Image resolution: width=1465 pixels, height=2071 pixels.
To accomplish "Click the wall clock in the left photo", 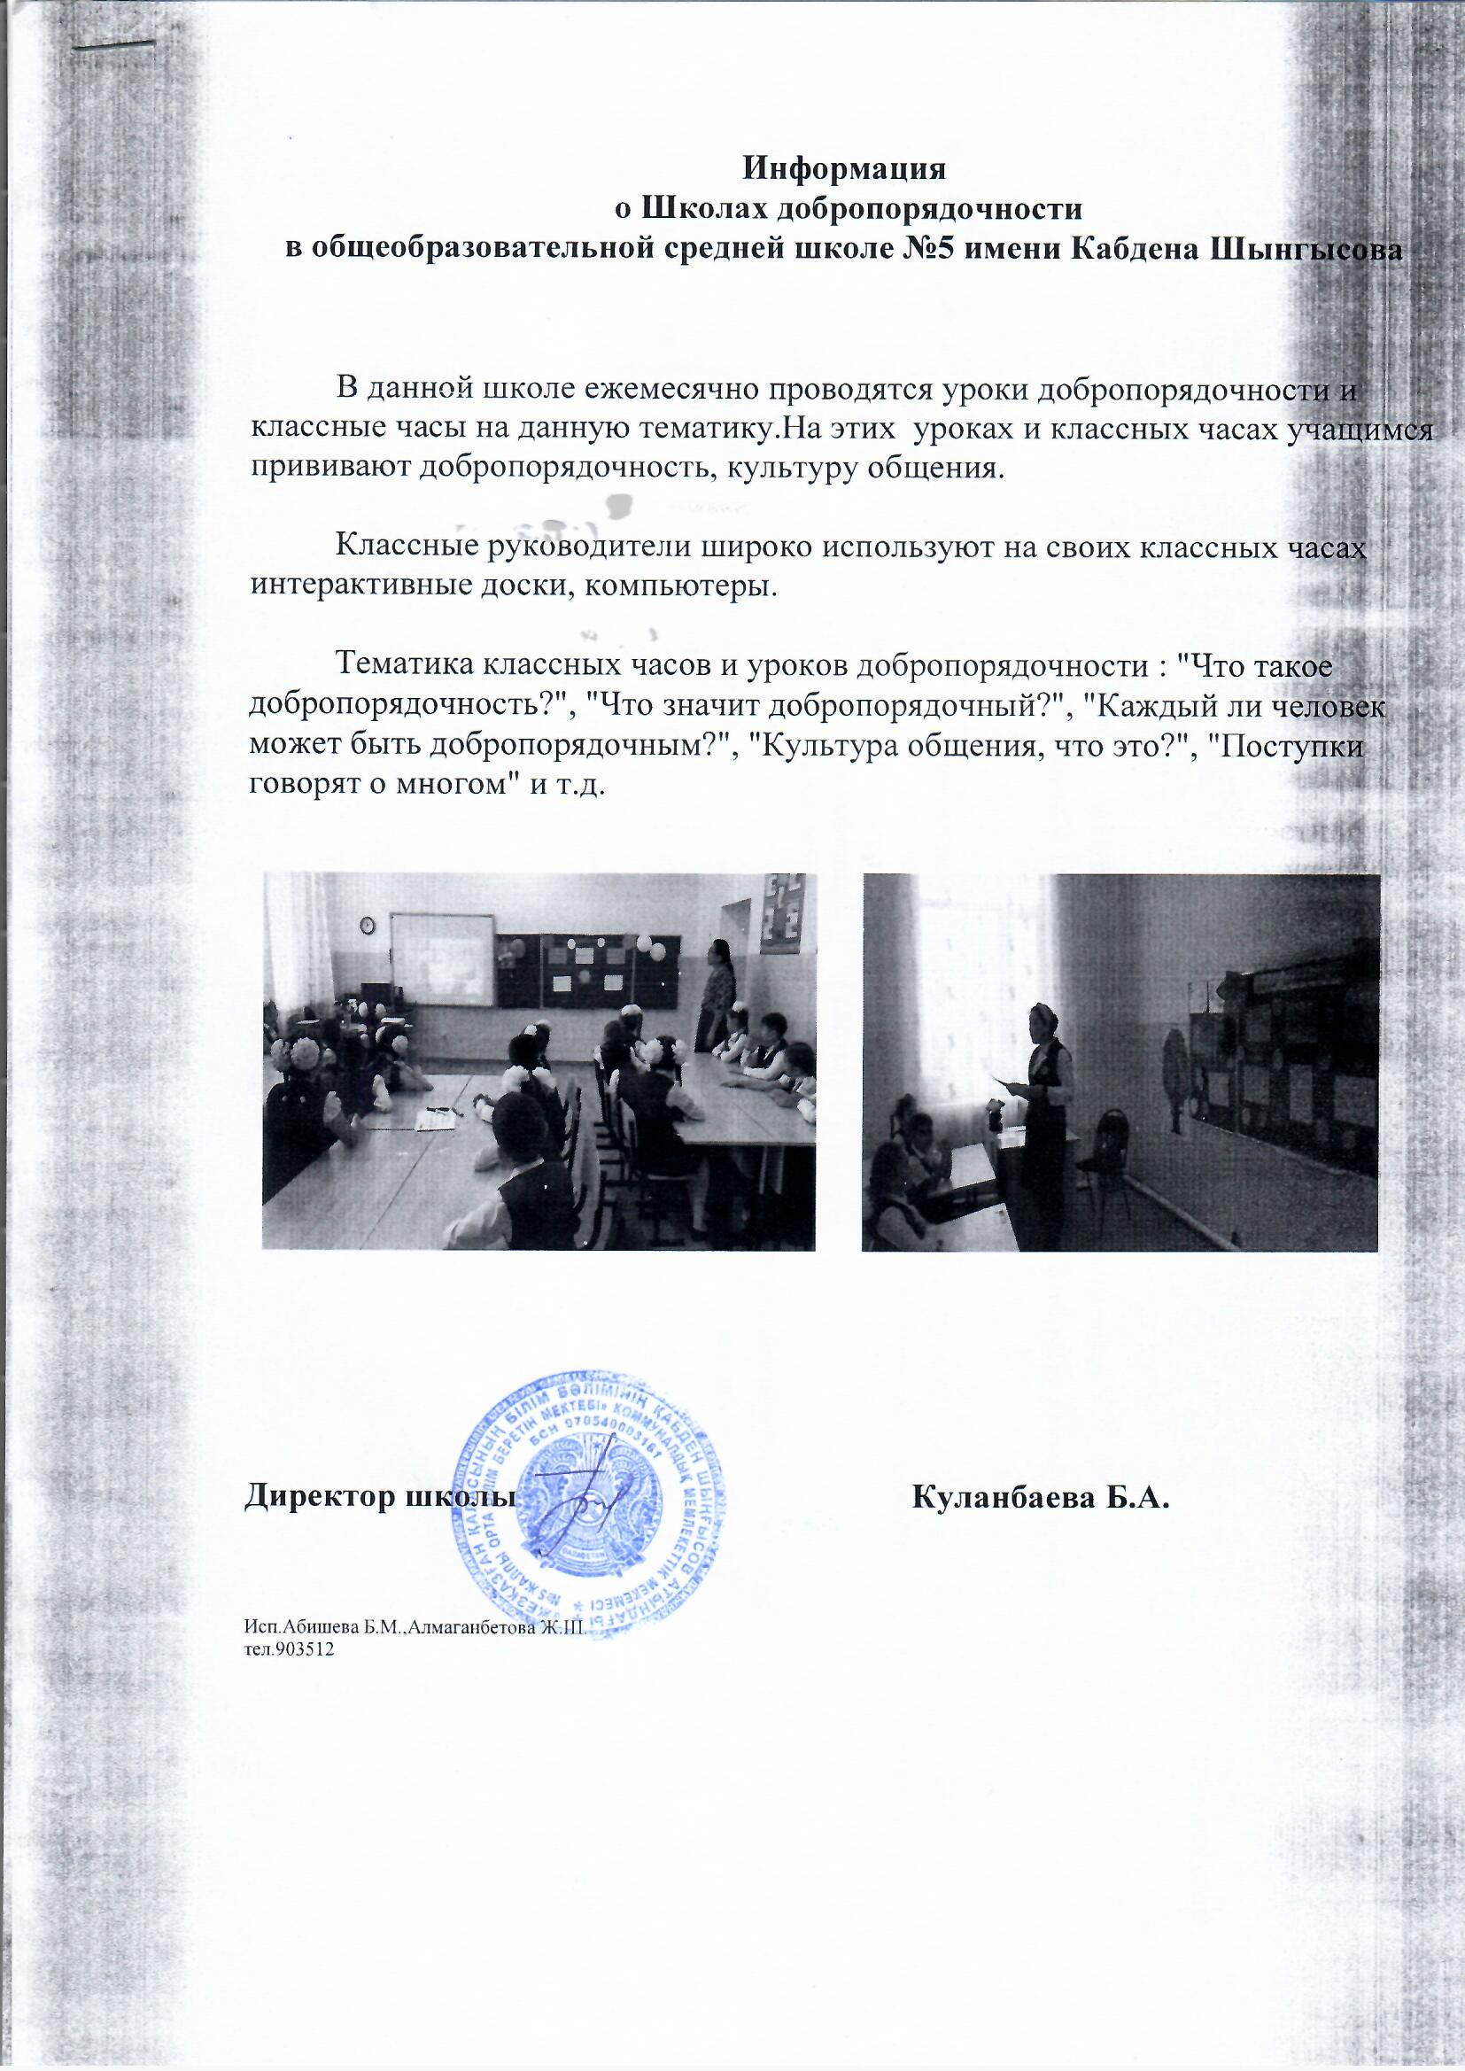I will pyautogui.click(x=368, y=925).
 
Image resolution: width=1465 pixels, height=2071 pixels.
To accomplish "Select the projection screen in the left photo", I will pyautogui.click(x=441, y=960).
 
